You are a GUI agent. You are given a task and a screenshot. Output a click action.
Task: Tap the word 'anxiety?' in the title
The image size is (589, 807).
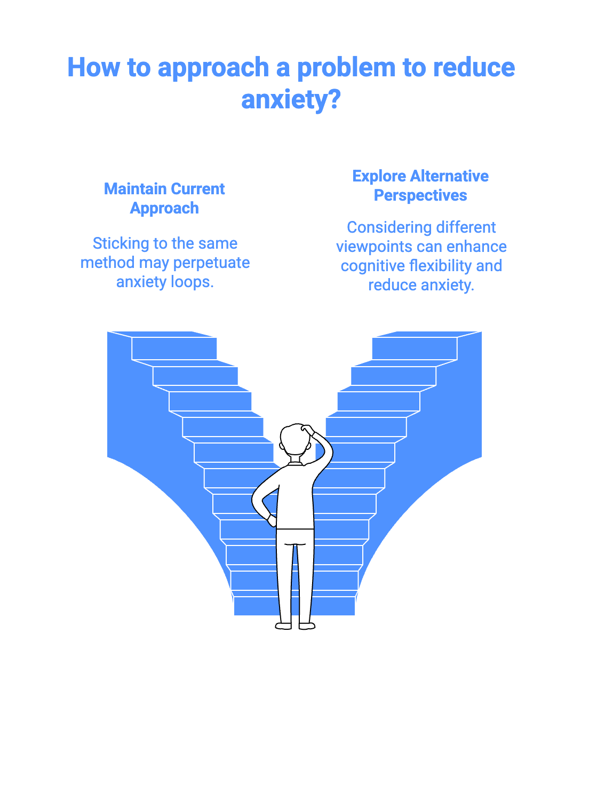point(291,99)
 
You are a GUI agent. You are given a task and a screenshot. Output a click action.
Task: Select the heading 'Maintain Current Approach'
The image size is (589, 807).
point(164,199)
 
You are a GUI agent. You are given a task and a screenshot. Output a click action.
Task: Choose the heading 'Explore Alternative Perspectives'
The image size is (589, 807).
point(420,186)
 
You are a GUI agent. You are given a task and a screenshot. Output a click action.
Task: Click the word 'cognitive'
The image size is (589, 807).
point(372,266)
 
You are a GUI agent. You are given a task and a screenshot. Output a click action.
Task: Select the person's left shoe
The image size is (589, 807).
point(284,626)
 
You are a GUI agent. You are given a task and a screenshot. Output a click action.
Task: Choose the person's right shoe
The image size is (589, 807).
point(307,626)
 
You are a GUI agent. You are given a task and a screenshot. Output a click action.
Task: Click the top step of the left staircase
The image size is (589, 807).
point(174,348)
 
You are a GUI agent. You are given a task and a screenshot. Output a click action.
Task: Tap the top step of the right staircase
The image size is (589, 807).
point(415,348)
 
